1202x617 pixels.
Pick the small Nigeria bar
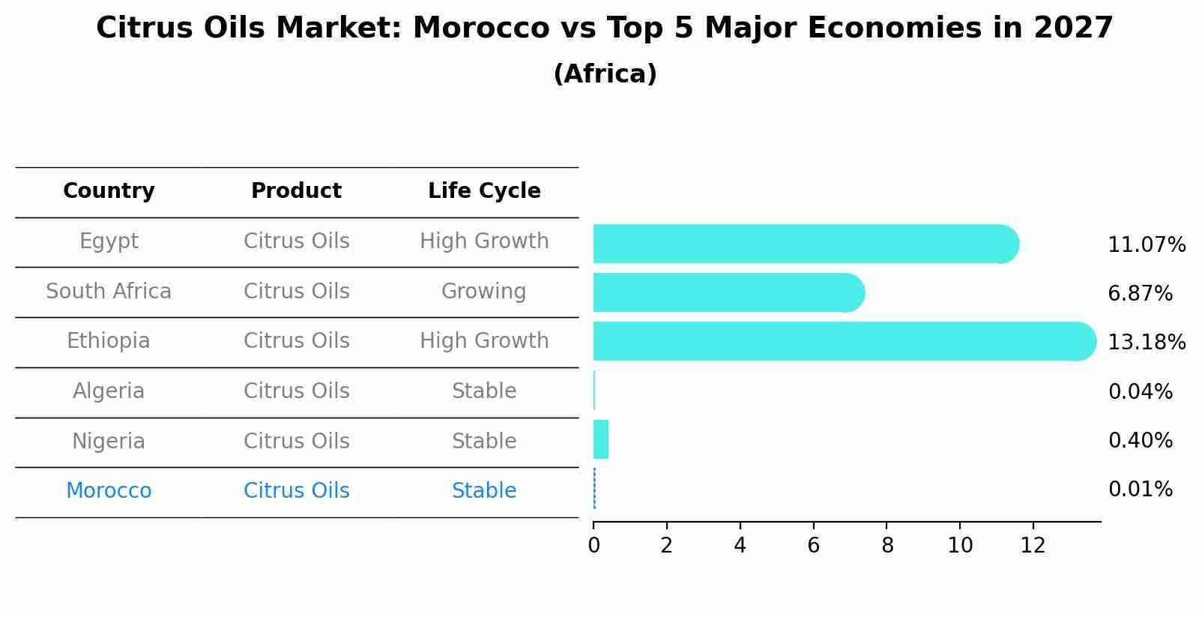(x=601, y=439)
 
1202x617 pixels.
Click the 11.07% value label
(x=1146, y=245)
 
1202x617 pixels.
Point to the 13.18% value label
(x=1146, y=343)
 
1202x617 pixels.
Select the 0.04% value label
(x=1140, y=391)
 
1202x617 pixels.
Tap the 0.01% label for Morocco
(x=1140, y=490)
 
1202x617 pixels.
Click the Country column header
(x=109, y=191)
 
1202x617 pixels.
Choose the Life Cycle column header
(x=484, y=191)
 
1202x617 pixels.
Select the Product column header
(x=296, y=191)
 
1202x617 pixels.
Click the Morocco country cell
(x=109, y=491)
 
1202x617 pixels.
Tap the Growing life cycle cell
(x=483, y=291)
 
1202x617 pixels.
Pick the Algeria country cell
(x=109, y=391)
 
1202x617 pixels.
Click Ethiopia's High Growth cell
(x=484, y=341)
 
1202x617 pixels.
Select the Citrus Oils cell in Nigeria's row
(x=296, y=441)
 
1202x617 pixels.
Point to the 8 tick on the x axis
(x=887, y=545)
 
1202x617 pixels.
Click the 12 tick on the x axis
(x=1033, y=545)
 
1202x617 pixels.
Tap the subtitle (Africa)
(x=605, y=74)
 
